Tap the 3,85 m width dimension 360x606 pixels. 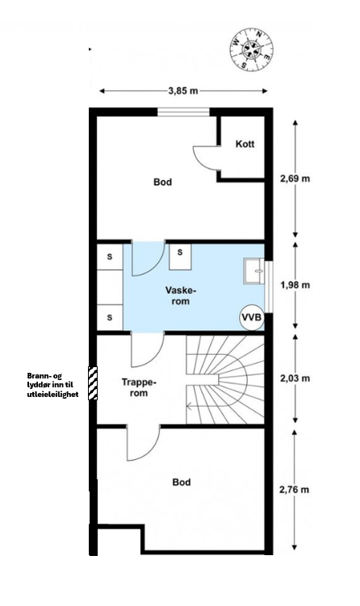coord(183,91)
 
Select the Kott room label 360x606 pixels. coord(245,144)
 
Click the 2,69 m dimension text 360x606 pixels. coord(295,178)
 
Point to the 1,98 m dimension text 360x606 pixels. coord(295,285)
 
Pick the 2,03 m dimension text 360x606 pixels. coord(295,378)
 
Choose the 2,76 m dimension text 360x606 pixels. coord(295,490)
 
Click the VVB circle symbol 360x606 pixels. coord(252,317)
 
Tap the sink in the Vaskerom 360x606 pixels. coord(253,271)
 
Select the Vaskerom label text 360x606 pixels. coord(178,295)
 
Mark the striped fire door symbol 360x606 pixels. coord(93,383)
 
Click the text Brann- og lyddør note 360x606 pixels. coord(52,385)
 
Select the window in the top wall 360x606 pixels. coord(183,111)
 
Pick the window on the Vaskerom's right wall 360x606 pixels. coord(269,287)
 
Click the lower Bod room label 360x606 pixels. coord(182,483)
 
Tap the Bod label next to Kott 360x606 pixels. coord(162,182)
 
